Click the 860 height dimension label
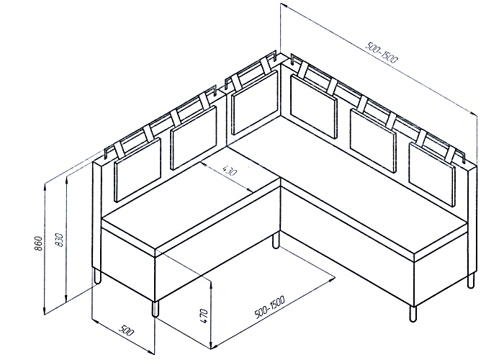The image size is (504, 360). coord(38,243)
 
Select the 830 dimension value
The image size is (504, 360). coord(59,240)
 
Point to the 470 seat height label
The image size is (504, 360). coord(203,316)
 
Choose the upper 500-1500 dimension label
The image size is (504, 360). coord(382,53)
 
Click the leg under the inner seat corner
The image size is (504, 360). coord(276,241)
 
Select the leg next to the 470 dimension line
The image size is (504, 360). coord(156,309)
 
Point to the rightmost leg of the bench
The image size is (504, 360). coord(471,280)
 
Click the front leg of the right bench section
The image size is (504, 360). coord(413,313)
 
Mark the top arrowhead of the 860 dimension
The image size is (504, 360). coord(45,187)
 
